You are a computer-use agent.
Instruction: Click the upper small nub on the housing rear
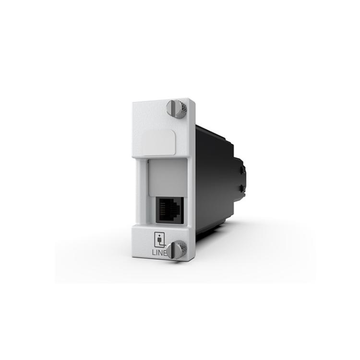[x=241, y=170]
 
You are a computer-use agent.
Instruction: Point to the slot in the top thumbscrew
[x=174, y=108]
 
